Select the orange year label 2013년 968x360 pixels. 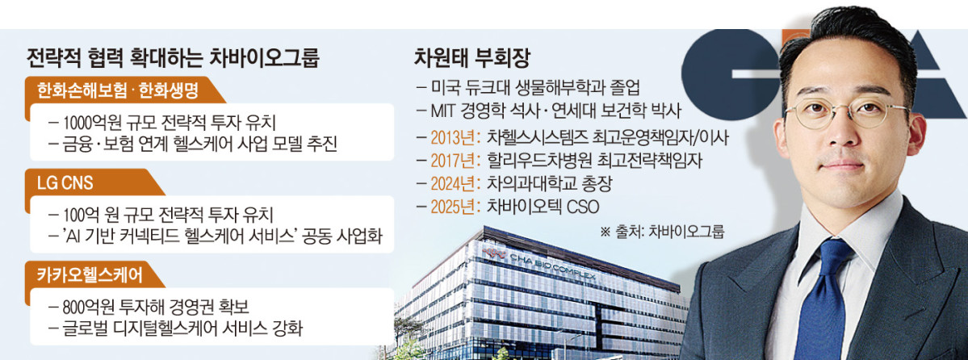coord(456,136)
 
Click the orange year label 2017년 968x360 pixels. coord(456,159)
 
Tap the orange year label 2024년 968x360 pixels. coord(456,182)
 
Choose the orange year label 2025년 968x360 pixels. coord(456,206)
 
